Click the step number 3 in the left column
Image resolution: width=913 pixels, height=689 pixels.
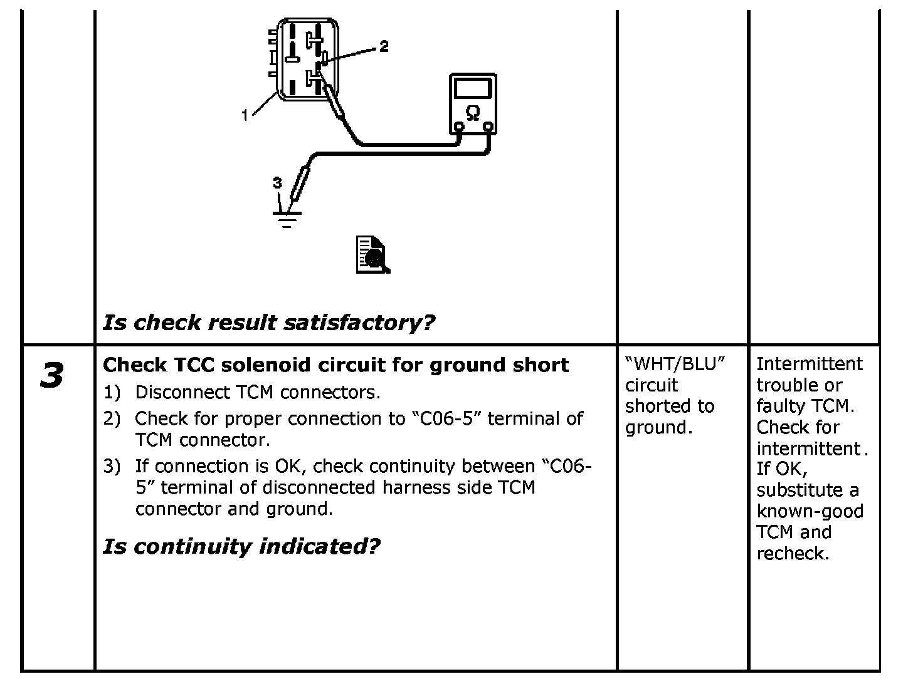[51, 376]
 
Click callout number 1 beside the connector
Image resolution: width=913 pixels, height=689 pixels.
[246, 115]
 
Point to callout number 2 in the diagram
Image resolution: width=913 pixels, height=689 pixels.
[384, 46]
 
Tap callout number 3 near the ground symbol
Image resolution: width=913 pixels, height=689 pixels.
[277, 183]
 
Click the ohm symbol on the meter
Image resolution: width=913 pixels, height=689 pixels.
[473, 113]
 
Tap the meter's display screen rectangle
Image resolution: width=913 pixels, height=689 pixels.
[473, 88]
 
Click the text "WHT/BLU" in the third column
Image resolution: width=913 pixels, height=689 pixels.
[675, 364]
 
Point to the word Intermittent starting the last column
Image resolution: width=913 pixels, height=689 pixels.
[810, 364]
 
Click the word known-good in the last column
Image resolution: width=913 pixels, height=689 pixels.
[810, 511]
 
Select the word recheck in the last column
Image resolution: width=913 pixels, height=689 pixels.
[792, 554]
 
